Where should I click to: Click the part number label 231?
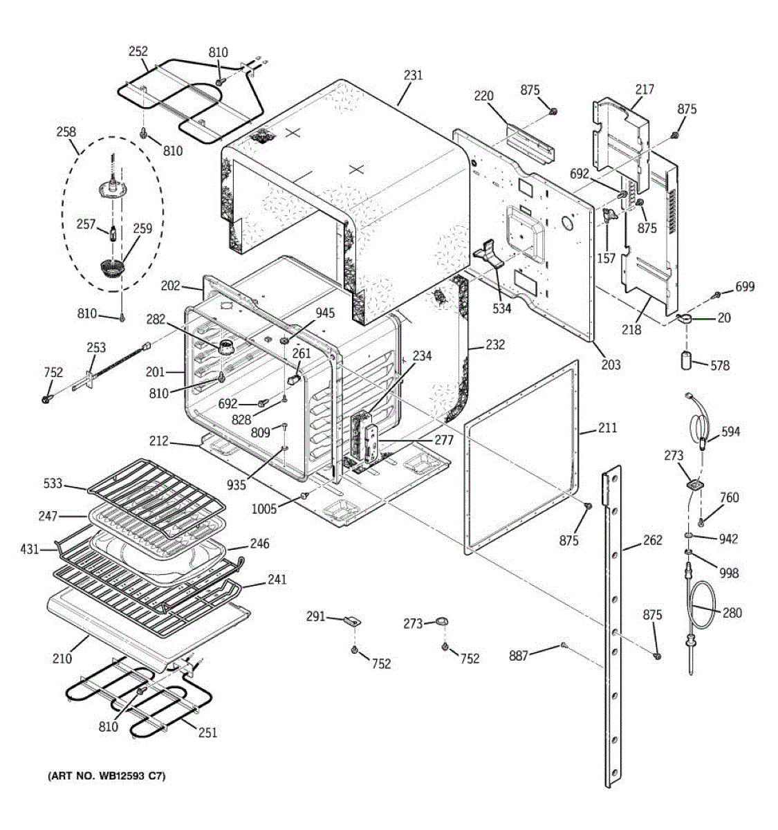413,75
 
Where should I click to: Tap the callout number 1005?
263,509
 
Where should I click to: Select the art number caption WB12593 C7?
106,777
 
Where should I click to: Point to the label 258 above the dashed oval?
66,131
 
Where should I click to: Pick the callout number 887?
519,656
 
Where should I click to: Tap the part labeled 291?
353,620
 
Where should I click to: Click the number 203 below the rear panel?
611,365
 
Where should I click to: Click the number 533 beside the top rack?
53,483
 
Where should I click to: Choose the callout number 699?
745,287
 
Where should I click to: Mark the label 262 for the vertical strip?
653,540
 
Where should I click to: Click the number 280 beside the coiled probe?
732,613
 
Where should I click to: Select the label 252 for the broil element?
138,51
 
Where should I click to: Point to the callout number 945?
325,313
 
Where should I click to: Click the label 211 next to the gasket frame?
607,427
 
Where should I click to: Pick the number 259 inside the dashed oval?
142,228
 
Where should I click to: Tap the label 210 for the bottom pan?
62,658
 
